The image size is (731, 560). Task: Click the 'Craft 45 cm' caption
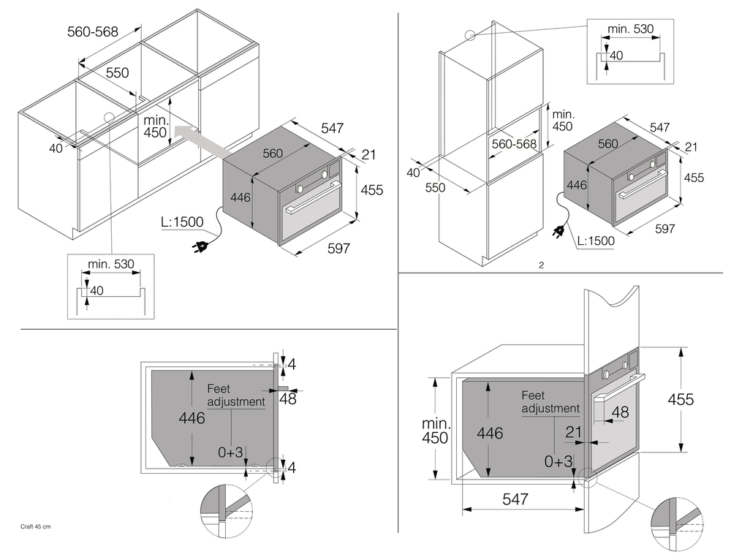pos(34,526)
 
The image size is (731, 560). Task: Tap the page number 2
pos(541,265)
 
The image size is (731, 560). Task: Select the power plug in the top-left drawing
pos(199,247)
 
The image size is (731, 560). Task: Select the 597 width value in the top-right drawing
pos(664,229)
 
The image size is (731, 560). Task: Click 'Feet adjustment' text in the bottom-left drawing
pos(235,396)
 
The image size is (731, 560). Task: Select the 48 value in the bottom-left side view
pos(287,399)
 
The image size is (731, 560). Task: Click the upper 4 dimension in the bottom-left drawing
pos(292,363)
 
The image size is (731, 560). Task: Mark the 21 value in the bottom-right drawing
pos(575,433)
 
